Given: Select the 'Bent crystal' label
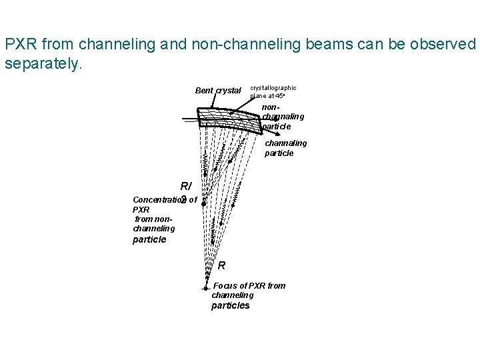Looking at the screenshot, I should (217, 91).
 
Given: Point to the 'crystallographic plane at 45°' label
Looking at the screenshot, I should (273, 92).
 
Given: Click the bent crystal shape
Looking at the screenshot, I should (230, 119).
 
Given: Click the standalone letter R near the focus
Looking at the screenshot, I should (222, 265).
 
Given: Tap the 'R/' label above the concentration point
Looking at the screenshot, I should (186, 187).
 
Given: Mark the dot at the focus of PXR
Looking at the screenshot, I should (206, 289).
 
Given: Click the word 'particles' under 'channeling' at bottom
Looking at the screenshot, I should (230, 306).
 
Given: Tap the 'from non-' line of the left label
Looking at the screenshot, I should (154, 219).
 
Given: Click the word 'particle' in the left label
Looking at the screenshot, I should (149, 239).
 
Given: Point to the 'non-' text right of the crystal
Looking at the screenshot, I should (270, 107).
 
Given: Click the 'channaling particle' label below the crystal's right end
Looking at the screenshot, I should (285, 148).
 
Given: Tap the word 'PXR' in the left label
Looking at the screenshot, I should (141, 209).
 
